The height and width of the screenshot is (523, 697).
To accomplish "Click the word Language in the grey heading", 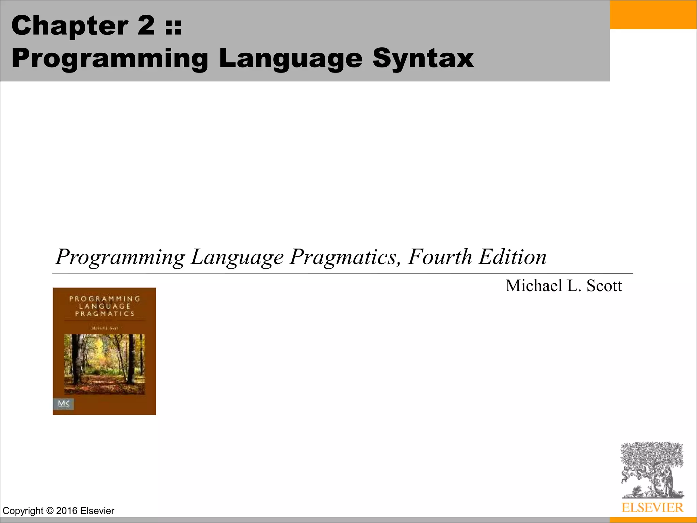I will [x=291, y=59].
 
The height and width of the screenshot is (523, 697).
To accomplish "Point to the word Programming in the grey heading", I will [x=110, y=59].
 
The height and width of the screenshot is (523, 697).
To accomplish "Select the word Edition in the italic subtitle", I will [x=513, y=257].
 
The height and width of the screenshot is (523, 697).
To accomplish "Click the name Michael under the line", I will [x=534, y=286].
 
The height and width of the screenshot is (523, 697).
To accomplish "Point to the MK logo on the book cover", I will [x=64, y=404].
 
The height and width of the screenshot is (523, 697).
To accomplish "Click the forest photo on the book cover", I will [x=104, y=364].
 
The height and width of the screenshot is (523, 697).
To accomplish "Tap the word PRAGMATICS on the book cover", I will [x=104, y=314].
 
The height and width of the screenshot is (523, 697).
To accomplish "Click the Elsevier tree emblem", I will [x=652, y=470].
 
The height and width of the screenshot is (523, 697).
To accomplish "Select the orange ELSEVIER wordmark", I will [x=652, y=508].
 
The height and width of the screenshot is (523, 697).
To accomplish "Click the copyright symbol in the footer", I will [x=50, y=511].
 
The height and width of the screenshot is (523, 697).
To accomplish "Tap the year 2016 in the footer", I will [x=67, y=511].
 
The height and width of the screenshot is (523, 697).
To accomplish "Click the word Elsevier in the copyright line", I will [x=97, y=511].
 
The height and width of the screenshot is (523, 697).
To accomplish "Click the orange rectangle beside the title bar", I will [x=653, y=14].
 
